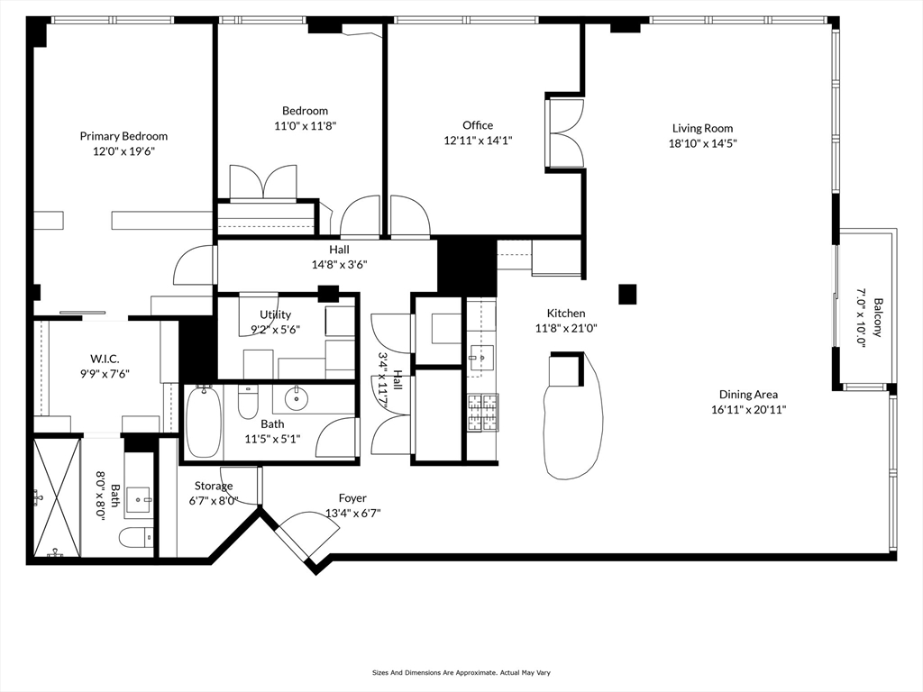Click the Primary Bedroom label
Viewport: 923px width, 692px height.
[x=123, y=136]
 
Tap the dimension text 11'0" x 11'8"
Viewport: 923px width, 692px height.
[x=304, y=126]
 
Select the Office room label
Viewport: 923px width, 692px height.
[x=478, y=125]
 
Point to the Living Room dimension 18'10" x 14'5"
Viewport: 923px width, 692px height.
[x=702, y=142]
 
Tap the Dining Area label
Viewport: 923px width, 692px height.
[x=748, y=394]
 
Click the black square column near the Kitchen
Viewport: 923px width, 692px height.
[x=627, y=294]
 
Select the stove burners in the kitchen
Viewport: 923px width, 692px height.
[x=482, y=413]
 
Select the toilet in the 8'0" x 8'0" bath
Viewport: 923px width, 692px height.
[x=135, y=538]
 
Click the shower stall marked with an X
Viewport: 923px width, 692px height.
[x=56, y=497]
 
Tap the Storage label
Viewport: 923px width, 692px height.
[x=214, y=486]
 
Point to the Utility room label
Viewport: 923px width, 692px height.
[x=275, y=314]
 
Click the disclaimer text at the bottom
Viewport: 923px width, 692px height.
[x=461, y=672]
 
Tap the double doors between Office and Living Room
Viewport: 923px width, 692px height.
[x=565, y=132]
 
